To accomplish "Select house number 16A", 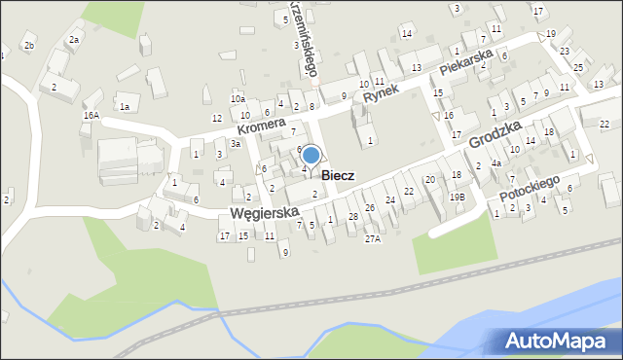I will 91,115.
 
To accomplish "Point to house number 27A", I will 372,237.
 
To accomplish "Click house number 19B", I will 457,197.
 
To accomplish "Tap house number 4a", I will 495,162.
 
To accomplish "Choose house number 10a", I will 238,99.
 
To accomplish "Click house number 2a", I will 73,40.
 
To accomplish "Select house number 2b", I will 29,46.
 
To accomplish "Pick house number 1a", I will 124,106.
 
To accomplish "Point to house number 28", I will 353,215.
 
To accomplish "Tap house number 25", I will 578,67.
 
